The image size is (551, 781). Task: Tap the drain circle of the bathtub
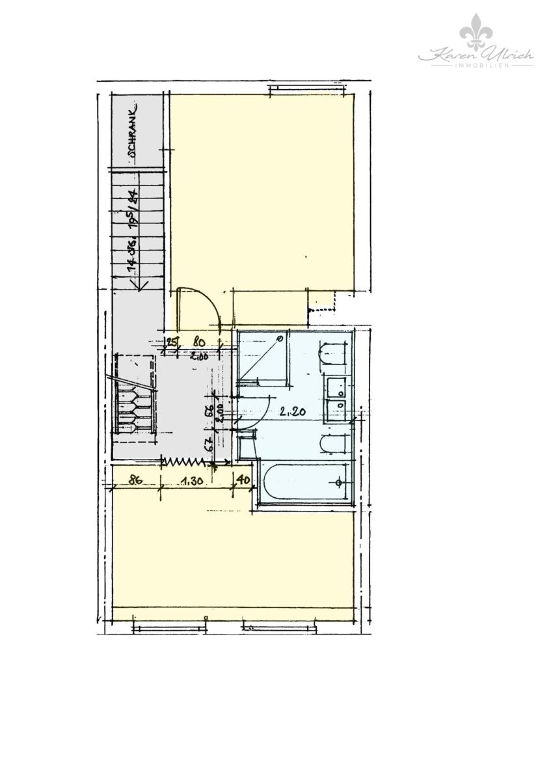(338, 482)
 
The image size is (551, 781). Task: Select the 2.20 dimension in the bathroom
(292, 411)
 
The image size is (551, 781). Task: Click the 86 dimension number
(135, 481)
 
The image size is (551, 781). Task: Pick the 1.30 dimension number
(193, 481)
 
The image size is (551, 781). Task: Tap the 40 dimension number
(243, 481)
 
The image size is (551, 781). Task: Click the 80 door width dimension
(199, 340)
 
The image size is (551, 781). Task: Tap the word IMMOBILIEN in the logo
(476, 66)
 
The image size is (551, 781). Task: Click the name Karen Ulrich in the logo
(476, 55)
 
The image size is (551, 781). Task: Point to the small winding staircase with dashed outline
(135, 397)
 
